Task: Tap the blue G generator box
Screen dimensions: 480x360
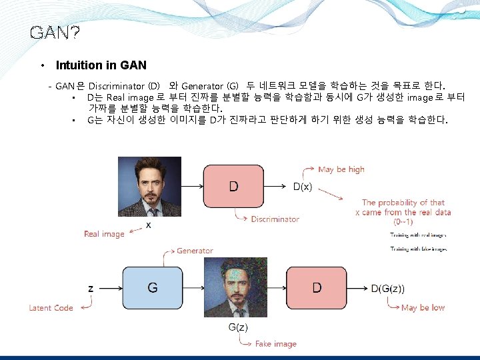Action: point(153,288)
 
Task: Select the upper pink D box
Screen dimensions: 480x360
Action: point(234,186)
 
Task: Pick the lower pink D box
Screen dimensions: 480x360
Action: point(317,288)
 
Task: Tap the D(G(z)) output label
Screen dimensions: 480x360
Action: point(387,289)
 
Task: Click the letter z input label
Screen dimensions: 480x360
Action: point(91,289)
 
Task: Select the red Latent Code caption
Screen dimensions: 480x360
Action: point(51,308)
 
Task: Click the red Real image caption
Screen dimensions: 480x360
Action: point(104,234)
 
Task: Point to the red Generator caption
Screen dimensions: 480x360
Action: point(195,251)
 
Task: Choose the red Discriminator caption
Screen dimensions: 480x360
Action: point(275,219)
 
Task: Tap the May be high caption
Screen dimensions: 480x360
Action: point(341,169)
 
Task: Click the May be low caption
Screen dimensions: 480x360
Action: point(423,308)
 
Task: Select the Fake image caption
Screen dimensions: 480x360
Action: point(275,344)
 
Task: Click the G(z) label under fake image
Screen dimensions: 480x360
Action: point(238,327)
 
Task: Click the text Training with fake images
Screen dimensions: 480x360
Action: point(418,249)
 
